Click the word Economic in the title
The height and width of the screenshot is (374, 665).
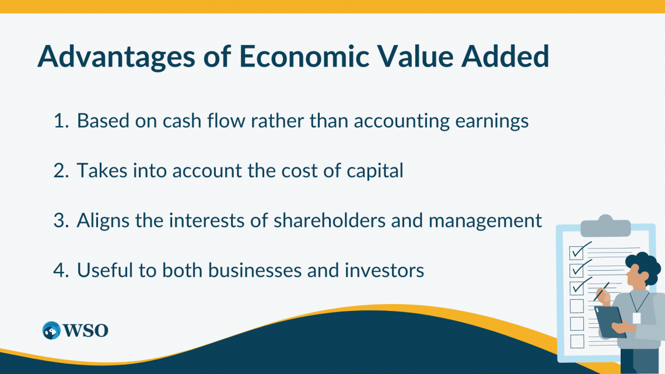[304, 56]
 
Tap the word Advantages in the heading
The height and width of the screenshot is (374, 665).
[116, 57]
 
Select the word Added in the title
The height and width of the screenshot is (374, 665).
[505, 56]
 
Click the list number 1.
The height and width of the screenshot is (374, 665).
[61, 121]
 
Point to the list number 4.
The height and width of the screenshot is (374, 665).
[61, 271]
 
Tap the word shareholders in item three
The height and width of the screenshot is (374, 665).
[330, 221]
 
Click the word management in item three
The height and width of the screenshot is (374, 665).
[485, 221]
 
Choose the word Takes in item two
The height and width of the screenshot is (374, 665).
[101, 171]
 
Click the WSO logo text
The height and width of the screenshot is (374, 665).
[86, 330]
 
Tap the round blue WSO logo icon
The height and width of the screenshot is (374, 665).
[51, 330]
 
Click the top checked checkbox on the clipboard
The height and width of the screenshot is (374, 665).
[576, 252]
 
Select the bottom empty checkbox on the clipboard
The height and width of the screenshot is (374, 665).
[577, 341]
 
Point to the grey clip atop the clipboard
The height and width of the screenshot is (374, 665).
[605, 226]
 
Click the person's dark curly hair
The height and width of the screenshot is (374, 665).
[645, 266]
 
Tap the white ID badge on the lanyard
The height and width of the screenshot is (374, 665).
[636, 318]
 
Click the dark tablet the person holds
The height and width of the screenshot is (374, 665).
[610, 322]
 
